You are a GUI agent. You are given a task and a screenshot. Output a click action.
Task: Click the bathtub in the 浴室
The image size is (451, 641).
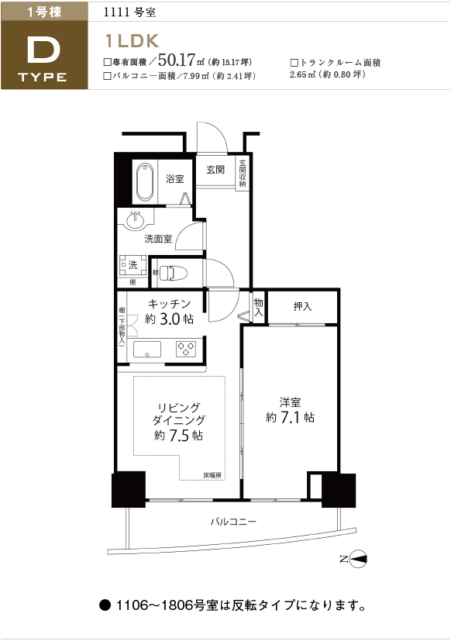point(145,182)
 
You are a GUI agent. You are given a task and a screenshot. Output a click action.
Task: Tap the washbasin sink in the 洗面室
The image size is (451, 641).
point(136,220)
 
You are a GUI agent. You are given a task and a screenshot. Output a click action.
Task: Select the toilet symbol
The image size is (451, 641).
point(173,273)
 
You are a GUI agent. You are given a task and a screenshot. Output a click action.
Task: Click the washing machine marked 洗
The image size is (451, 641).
point(133,265)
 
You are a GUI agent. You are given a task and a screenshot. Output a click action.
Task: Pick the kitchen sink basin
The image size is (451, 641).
point(146,350)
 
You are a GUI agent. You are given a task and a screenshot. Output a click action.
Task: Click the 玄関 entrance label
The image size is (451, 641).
point(215,169)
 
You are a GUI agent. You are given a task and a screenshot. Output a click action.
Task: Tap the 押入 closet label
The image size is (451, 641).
point(302,306)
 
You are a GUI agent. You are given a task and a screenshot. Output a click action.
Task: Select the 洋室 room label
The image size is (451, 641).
point(290,402)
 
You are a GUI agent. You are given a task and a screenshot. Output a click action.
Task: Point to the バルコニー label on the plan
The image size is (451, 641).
point(233,522)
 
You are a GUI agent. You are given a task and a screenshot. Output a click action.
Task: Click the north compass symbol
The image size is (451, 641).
point(354,559)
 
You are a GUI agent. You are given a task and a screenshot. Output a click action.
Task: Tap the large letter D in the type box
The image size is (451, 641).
point(43,50)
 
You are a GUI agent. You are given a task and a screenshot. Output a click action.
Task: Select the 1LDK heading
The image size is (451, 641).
point(132,41)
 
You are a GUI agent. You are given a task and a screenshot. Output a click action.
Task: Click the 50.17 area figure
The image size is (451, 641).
point(176,60)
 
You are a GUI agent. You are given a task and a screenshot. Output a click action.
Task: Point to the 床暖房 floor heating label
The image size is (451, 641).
point(212,475)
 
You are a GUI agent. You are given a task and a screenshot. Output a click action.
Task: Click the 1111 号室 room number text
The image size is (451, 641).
point(129,12)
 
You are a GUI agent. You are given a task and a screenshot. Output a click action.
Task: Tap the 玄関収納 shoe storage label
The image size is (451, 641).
point(243,174)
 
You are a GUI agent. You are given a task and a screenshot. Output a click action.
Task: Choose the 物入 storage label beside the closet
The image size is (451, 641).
point(258,308)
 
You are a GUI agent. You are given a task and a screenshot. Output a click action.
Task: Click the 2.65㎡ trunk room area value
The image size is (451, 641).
point(302,74)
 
